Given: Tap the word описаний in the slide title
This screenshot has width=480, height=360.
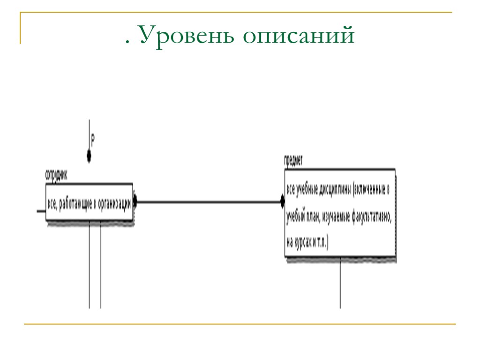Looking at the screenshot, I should click(299, 37).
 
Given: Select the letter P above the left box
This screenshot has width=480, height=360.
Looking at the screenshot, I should click(93, 139).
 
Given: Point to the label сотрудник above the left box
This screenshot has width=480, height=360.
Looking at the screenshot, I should click(56, 175).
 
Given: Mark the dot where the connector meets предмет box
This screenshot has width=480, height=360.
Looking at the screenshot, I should click(283, 202).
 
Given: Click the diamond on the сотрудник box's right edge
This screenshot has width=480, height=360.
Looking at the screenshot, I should click(135, 202).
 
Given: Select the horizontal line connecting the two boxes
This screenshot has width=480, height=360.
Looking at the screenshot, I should click(209, 202).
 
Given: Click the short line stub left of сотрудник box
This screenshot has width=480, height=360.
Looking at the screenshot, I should click(41, 211).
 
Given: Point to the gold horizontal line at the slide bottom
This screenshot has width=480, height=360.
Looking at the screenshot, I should click(240, 324).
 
